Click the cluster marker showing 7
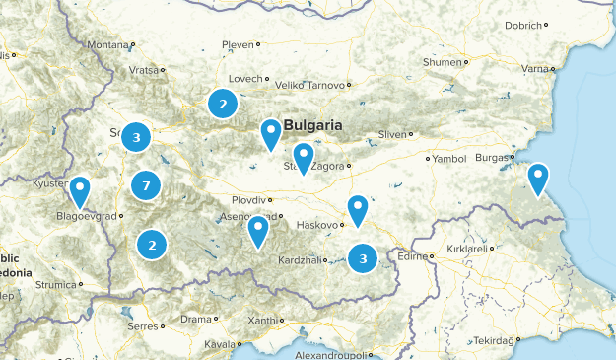(x=146, y=185)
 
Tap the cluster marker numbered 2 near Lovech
(x=223, y=103)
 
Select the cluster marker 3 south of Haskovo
(x=363, y=258)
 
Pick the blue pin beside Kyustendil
(x=78, y=188)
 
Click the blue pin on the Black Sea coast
(x=537, y=178)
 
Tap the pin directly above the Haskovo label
(x=357, y=208)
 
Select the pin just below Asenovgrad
(x=258, y=229)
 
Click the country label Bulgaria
(x=312, y=125)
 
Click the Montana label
(x=107, y=45)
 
